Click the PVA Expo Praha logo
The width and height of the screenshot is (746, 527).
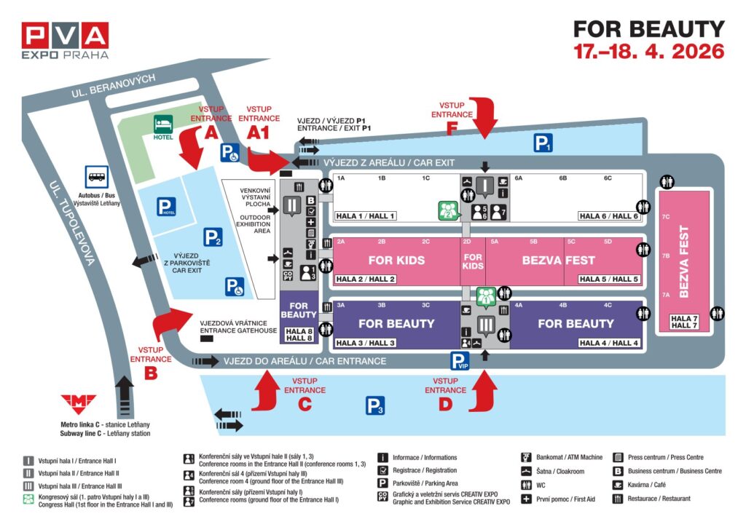pos(65,40)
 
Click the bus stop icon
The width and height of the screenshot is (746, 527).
pos(97,175)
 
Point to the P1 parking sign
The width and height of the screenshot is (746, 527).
pos(543,143)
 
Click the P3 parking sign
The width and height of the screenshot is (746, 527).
pos(375,405)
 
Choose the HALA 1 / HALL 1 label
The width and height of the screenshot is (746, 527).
pos(365,215)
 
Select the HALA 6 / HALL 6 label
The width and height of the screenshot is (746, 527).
pos(608,215)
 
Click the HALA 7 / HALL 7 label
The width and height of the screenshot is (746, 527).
pos(683,322)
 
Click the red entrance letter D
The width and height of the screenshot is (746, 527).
pos(445,405)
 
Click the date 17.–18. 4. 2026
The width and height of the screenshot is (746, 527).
pos(648,52)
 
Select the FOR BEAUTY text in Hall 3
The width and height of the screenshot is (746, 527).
pos(396,323)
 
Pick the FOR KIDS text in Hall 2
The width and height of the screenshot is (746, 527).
pos(396,260)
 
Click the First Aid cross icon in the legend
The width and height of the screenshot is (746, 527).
pos(525,499)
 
